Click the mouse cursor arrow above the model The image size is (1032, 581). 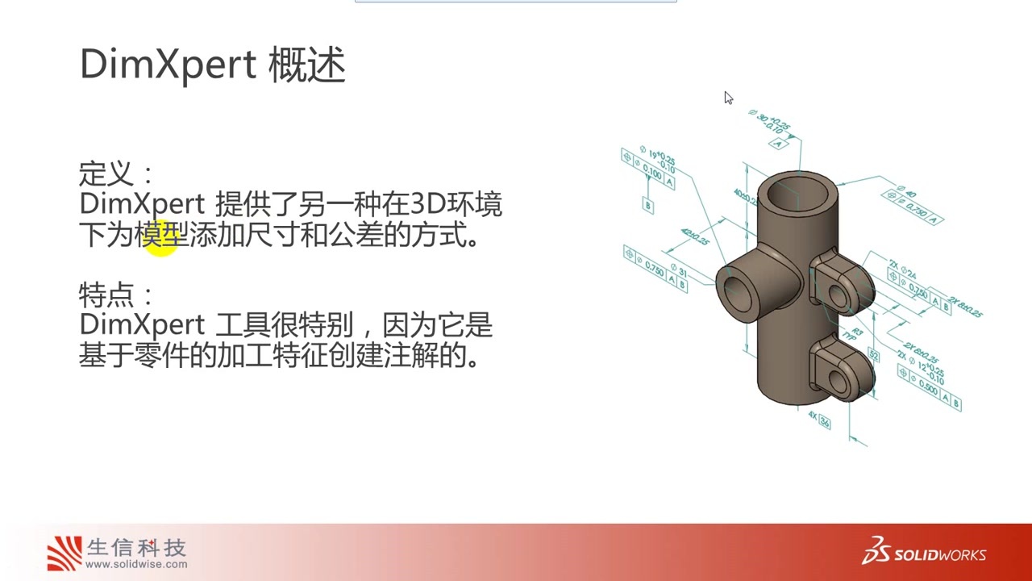coord(728,98)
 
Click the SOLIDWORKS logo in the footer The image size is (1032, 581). coord(924,553)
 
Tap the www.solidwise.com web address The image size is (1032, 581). coord(136,564)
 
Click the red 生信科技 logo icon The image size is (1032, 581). coord(64,553)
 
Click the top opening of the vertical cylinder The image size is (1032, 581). coord(799,194)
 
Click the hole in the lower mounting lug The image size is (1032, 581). coord(843,381)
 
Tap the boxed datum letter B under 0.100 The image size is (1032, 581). coord(647,205)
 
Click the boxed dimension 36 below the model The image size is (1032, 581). coord(824,423)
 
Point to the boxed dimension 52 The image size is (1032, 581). coord(873,355)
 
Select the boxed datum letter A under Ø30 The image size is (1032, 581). coord(778,144)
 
